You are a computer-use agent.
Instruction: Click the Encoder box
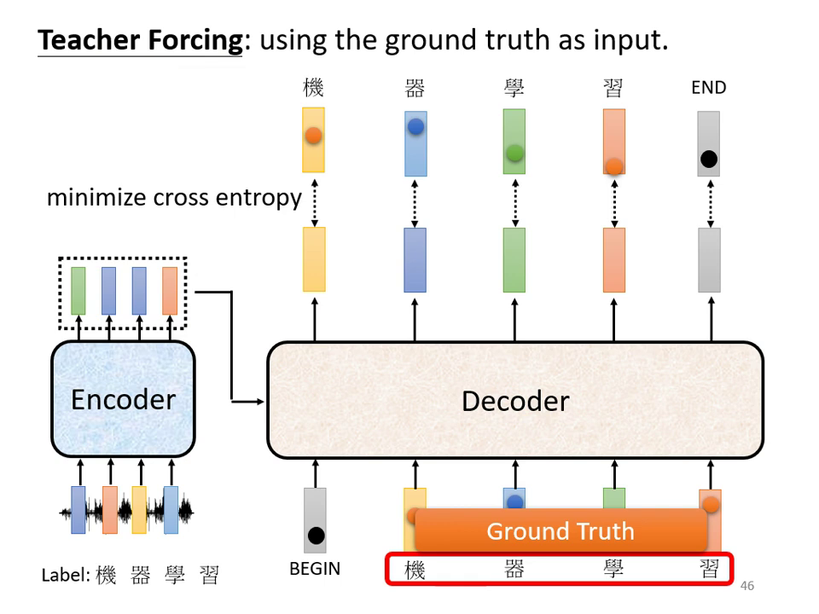click(123, 399)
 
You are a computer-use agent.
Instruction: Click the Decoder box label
click(514, 401)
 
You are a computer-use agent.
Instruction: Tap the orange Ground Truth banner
click(561, 531)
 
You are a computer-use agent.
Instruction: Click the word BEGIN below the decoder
click(315, 569)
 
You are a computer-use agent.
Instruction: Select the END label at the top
click(708, 88)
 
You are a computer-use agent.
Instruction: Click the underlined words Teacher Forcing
click(141, 40)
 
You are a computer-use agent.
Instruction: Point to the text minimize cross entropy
click(174, 198)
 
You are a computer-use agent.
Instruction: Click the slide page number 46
click(747, 586)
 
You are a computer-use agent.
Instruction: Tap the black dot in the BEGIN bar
click(316, 536)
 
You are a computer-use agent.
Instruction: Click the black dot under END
click(708, 159)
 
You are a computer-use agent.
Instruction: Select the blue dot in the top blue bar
click(415, 127)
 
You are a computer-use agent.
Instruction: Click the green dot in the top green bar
click(514, 153)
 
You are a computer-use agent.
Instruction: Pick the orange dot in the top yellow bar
click(313, 135)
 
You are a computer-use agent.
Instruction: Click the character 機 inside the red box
click(415, 570)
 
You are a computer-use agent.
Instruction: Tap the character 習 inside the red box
click(709, 570)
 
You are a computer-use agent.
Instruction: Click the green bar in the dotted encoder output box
click(78, 291)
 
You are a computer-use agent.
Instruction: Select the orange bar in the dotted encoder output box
click(170, 291)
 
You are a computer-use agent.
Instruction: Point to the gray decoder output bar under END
click(709, 260)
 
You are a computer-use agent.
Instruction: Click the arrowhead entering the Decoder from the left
click(260, 401)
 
